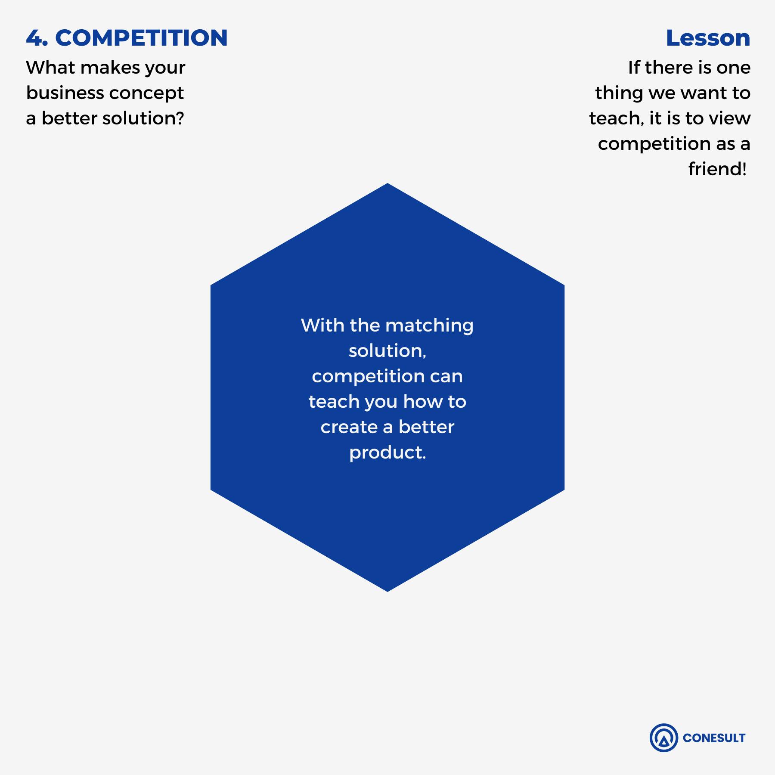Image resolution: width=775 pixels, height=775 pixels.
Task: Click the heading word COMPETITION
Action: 141,38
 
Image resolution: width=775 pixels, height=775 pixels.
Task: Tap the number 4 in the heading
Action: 34,38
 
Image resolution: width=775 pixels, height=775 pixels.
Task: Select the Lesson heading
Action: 708,38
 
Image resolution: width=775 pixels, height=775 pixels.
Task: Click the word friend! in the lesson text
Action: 717,169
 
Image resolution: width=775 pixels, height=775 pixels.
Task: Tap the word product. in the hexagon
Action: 387,453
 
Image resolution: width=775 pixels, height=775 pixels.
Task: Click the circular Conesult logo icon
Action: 663,738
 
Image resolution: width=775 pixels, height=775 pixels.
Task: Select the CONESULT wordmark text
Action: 714,738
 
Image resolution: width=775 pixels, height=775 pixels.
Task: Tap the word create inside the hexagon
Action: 349,427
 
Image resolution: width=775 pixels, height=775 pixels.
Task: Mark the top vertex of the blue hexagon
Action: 387,183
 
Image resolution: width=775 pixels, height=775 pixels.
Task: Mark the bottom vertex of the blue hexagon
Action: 387,591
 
